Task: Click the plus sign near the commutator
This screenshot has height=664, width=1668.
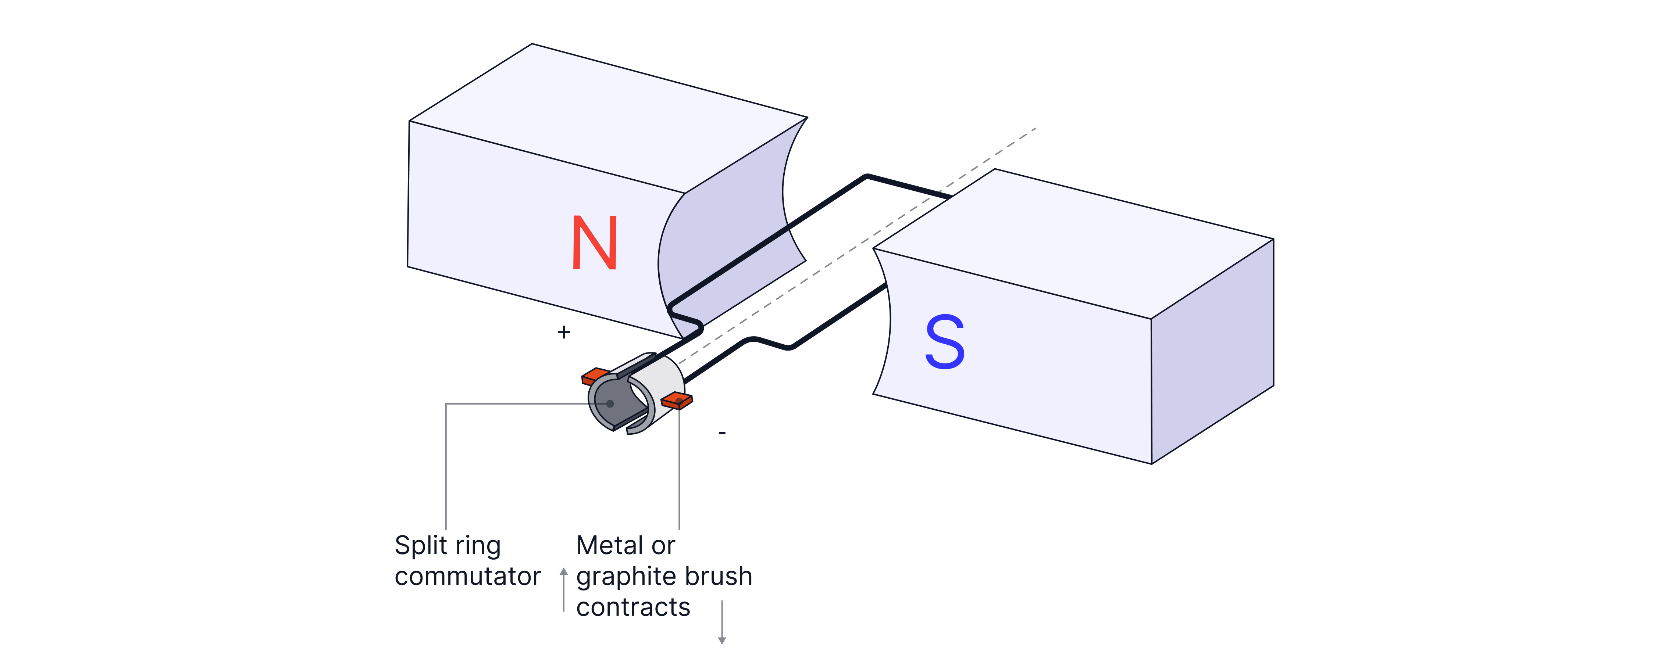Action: point(564,333)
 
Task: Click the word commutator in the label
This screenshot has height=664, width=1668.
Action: point(467,576)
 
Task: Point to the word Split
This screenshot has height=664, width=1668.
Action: point(420,546)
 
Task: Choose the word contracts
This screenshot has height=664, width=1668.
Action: point(633,607)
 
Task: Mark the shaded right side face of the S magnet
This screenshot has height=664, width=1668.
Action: point(1211,353)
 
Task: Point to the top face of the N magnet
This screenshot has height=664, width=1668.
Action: point(609,116)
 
